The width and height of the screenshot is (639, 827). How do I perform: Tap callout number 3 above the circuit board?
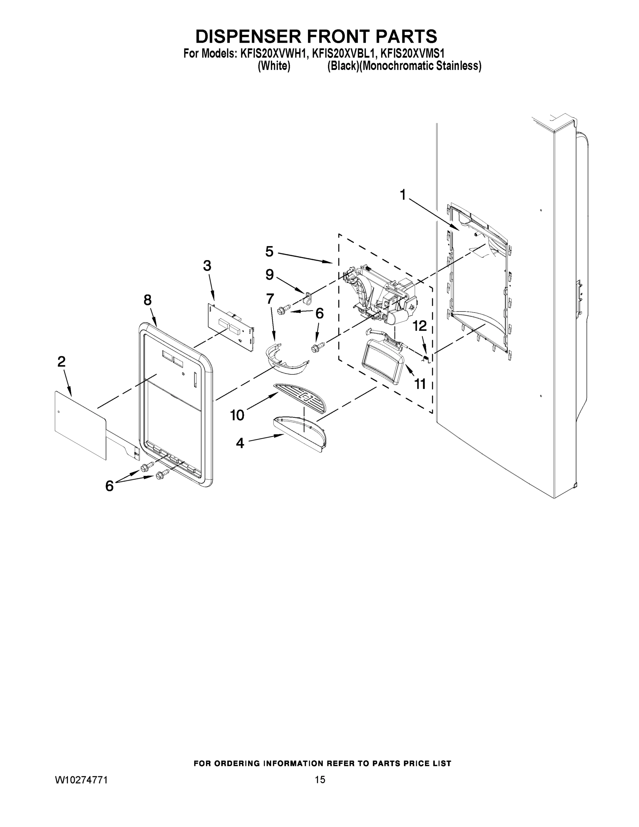click(x=207, y=266)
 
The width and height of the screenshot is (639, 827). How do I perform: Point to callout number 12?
click(x=419, y=326)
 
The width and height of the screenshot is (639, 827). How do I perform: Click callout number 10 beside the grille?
click(x=237, y=415)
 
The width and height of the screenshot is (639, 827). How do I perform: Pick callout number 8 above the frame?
click(x=148, y=300)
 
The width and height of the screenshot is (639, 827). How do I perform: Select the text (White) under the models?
click(x=274, y=66)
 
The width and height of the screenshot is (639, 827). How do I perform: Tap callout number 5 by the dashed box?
click(x=269, y=252)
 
